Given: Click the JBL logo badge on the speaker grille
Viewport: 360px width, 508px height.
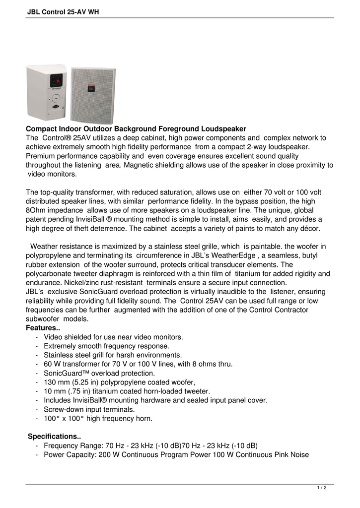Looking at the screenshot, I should [91, 90].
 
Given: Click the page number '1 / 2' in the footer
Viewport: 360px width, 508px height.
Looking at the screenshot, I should [321, 488].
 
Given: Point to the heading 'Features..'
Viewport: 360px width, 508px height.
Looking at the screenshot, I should [43, 328].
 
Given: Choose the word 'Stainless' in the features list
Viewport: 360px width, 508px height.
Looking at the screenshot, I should [59, 355].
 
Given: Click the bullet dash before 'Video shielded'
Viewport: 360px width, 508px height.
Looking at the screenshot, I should [38, 337].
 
